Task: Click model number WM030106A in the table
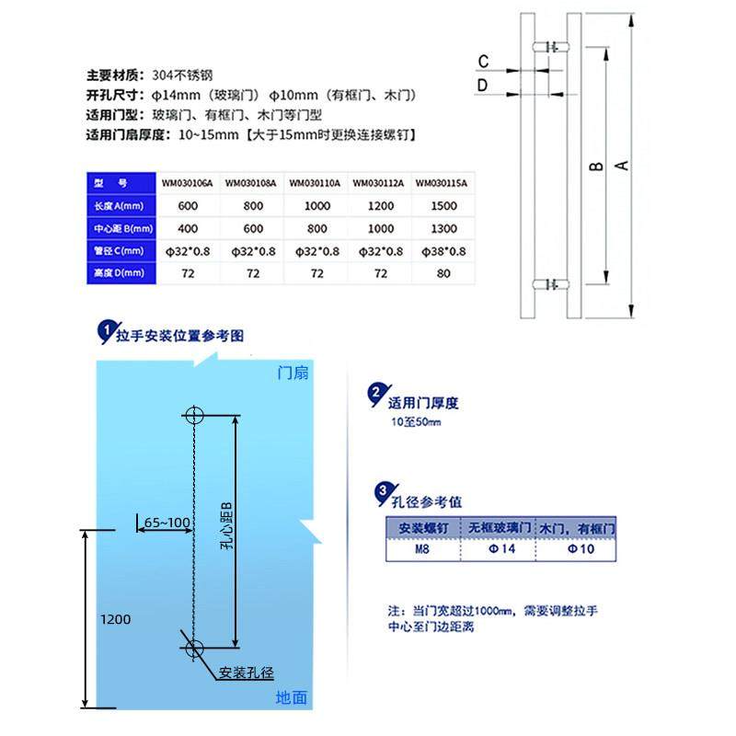(187, 182)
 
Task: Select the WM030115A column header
(442, 182)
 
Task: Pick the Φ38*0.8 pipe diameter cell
(443, 251)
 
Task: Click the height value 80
(443, 273)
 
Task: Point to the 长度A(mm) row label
(118, 206)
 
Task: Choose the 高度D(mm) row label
(118, 273)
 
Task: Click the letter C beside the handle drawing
(483, 63)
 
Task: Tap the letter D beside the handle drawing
(483, 86)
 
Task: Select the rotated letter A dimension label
(622, 166)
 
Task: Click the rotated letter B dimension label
(596, 166)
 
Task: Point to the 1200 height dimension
(117, 619)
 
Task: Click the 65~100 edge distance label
(167, 523)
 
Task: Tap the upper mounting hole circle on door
(194, 415)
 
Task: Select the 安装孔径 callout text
(247, 673)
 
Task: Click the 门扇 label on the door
(293, 373)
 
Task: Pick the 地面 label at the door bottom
(291, 698)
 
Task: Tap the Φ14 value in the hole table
(498, 549)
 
